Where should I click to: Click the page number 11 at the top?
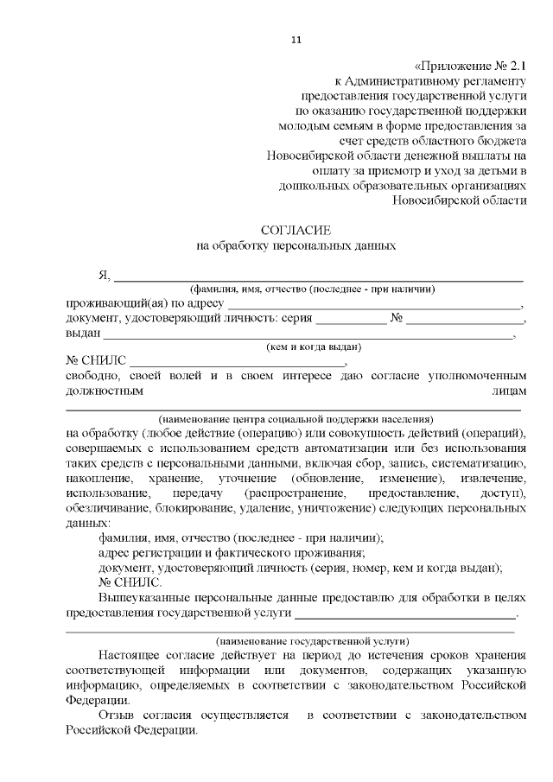(296, 38)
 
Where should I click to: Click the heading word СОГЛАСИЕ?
(296, 229)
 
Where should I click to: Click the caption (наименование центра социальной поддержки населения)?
(296, 417)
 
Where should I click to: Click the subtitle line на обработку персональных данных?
(296, 245)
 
